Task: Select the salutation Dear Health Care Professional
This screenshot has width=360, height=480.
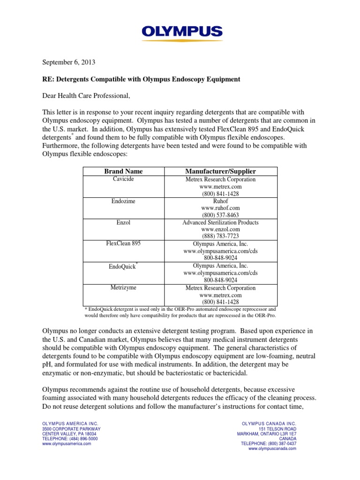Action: tap(86, 96)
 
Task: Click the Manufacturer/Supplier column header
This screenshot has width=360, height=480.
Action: tap(220, 171)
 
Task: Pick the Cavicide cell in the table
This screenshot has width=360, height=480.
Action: tap(123, 179)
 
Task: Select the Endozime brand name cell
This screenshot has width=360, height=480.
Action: tap(123, 201)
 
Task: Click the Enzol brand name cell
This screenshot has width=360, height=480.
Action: tap(123, 222)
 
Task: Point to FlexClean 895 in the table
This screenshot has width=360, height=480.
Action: tap(123, 244)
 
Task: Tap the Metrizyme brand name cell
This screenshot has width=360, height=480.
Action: tap(123, 287)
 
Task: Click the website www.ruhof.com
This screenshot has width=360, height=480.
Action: tap(220, 208)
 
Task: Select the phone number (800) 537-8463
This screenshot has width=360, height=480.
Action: tap(220, 215)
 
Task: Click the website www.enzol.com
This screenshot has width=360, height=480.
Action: tap(220, 229)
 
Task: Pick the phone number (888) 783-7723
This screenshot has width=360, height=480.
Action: tap(220, 236)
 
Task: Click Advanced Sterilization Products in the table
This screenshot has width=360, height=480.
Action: tap(220, 222)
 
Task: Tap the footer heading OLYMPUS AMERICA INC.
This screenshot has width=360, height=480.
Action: tap(70, 423)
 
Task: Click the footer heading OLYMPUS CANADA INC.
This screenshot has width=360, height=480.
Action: tap(269, 423)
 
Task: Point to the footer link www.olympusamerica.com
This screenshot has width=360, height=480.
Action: tap(67, 443)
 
